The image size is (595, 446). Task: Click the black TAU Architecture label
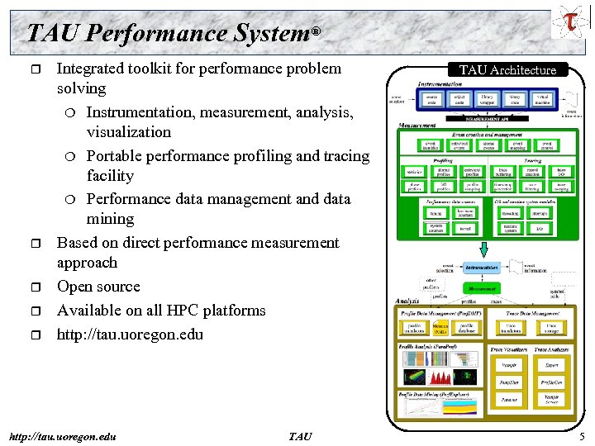click(507, 70)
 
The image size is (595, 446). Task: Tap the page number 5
click(582, 436)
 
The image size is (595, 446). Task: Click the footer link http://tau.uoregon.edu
click(61, 436)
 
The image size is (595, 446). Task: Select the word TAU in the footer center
click(300, 436)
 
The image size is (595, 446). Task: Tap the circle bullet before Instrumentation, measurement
click(74, 112)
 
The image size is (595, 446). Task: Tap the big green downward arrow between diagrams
click(483, 249)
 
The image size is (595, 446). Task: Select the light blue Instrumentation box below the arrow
click(482, 268)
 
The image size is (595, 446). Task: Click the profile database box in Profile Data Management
click(467, 329)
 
